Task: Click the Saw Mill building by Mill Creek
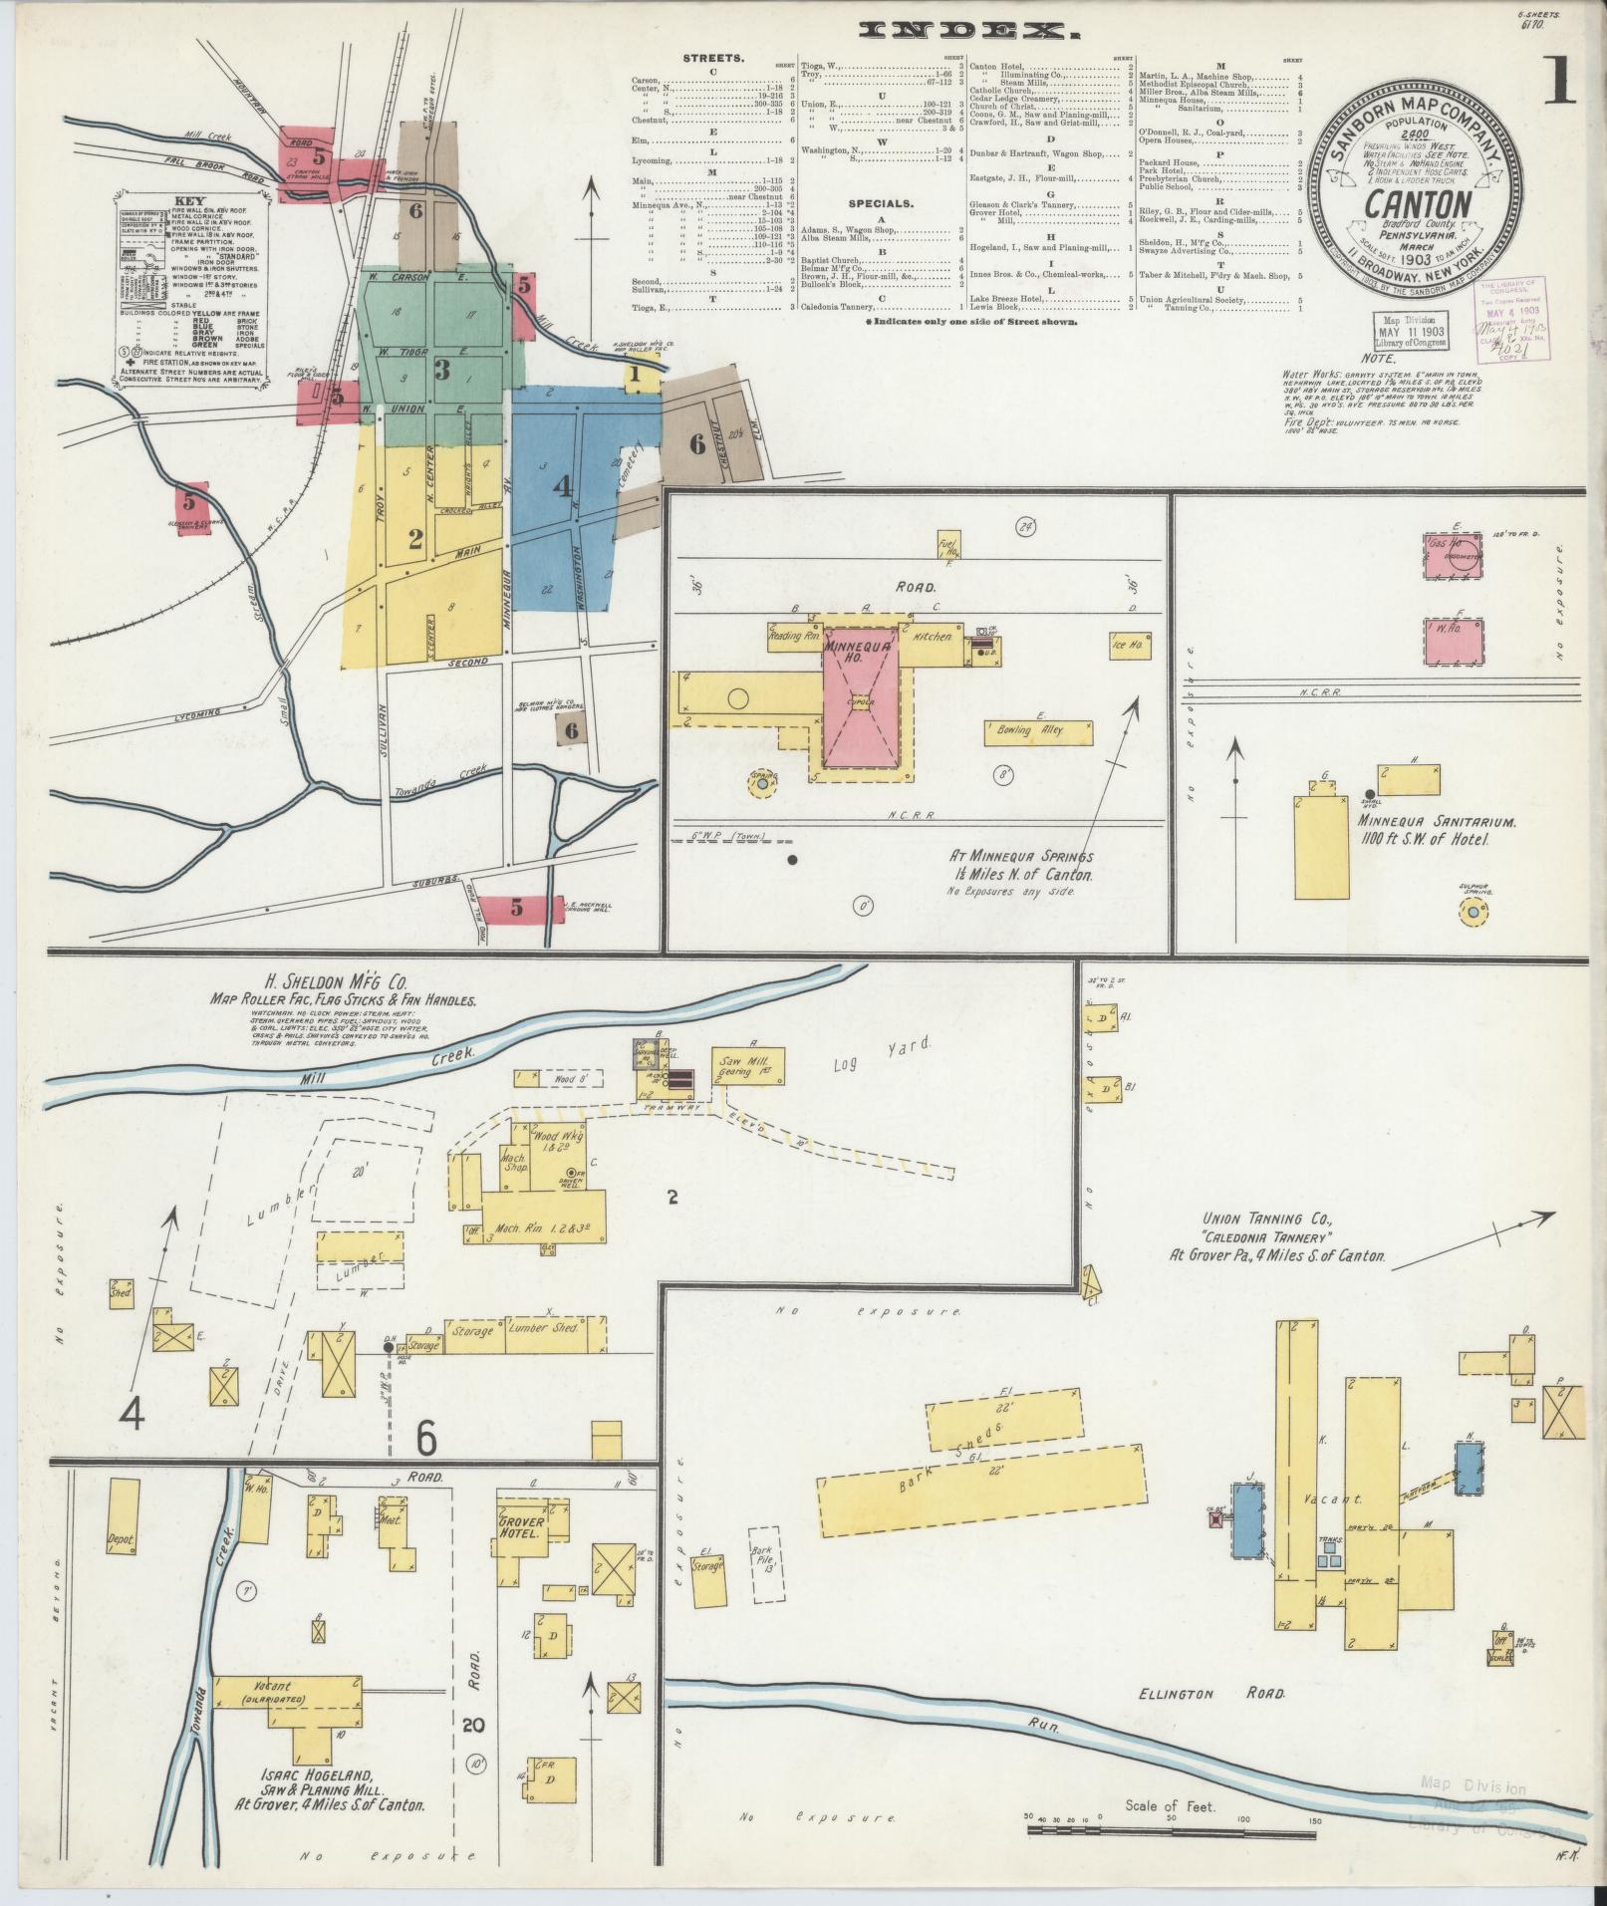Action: coord(748,1066)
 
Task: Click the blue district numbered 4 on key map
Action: coord(564,488)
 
